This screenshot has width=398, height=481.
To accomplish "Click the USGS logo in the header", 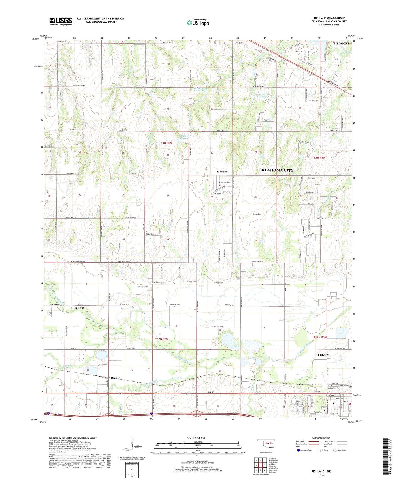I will [60, 21].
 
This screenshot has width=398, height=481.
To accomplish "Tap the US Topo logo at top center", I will [198, 23].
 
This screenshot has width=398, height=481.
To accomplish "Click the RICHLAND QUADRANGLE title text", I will [329, 18].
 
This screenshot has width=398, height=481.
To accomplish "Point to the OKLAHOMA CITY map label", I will [276, 170].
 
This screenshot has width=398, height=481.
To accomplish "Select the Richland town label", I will [222, 172].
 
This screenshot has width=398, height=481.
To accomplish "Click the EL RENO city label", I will [77, 308].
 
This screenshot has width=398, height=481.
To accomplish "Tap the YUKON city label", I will [323, 354].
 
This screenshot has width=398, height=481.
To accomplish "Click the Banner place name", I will [115, 378].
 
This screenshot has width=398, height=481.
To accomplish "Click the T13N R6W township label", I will [166, 143].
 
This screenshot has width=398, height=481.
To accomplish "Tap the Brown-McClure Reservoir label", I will [259, 96].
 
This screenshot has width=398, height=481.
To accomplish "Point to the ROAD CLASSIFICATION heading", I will [321, 438].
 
